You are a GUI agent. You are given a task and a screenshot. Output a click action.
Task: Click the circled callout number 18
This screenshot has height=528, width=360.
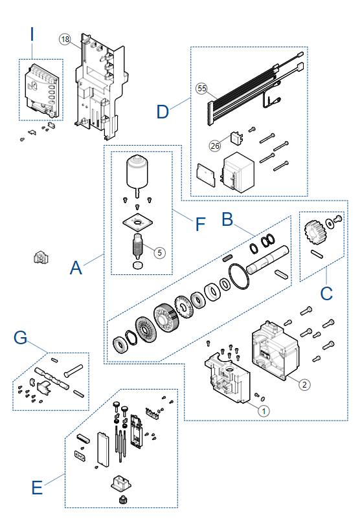65,39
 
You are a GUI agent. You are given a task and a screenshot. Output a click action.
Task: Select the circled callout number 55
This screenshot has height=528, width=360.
201,89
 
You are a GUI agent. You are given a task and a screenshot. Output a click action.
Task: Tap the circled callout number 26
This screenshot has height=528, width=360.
215,146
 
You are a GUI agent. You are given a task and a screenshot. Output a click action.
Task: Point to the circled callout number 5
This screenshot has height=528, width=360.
159,252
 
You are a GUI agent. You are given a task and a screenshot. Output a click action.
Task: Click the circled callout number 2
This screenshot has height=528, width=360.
304,384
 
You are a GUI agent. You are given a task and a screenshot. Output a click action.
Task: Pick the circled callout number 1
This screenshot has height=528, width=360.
264,411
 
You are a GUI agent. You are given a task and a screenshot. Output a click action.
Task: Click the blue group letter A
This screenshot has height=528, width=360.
76,268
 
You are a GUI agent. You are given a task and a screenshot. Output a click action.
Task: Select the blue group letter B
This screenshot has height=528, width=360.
227,219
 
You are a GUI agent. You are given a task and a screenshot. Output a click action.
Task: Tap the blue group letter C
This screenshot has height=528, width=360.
326,294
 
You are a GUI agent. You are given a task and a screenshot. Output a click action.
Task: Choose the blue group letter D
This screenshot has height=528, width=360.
163,111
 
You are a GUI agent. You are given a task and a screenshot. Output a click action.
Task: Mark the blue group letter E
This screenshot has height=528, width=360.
37,488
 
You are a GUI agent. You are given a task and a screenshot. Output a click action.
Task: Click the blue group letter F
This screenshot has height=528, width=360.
200,224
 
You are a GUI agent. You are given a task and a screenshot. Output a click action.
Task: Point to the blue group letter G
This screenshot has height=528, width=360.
20,337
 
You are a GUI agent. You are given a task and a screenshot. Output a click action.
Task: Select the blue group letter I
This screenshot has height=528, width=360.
32,34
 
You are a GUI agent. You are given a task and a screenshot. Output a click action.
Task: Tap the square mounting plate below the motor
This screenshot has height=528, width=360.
137,222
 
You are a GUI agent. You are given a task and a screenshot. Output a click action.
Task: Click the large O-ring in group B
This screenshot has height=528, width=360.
239,276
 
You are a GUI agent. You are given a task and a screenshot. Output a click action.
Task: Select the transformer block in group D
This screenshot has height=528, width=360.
238,172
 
